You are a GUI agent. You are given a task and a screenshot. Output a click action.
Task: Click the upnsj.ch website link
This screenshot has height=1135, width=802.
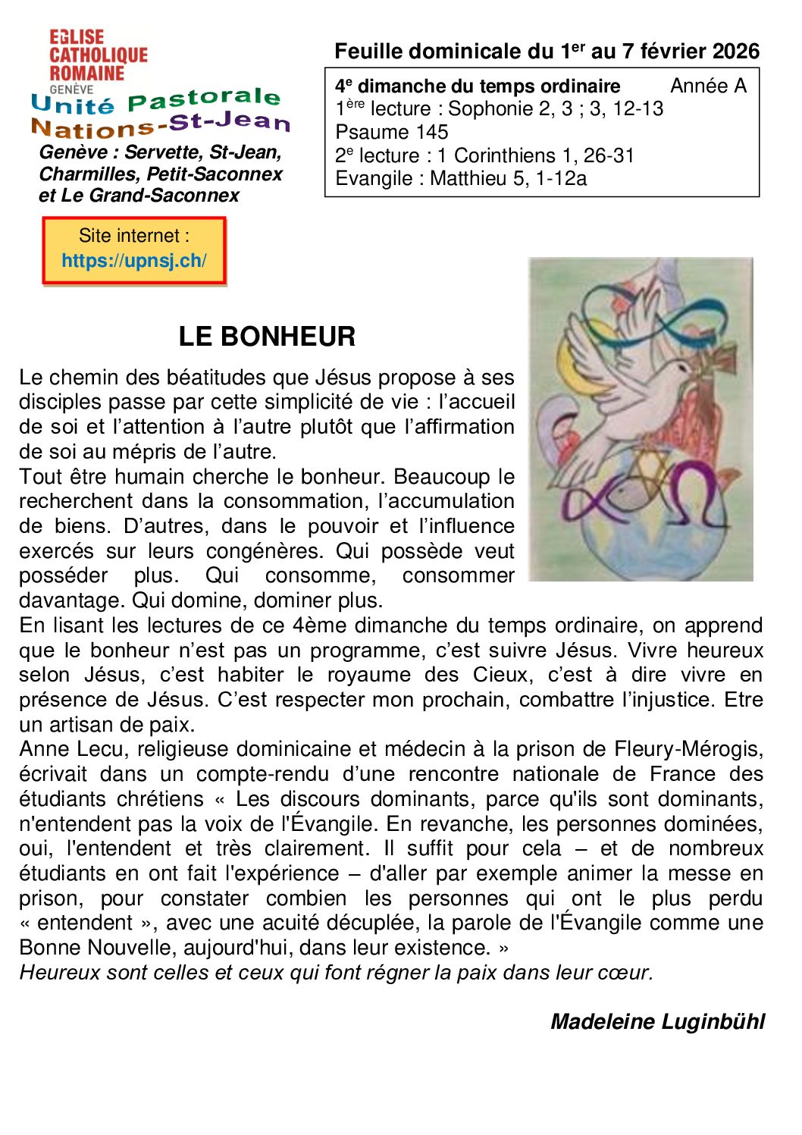click(x=134, y=261)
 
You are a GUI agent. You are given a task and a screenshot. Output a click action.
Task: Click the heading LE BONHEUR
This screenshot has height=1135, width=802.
click(x=267, y=337)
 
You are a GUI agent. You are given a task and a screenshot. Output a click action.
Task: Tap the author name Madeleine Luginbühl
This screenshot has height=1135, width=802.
click(x=657, y=1021)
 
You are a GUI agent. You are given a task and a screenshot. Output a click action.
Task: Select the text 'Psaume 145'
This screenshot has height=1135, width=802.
click(x=391, y=132)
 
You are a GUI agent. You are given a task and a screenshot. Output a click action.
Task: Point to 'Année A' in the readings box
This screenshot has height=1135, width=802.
click(x=708, y=86)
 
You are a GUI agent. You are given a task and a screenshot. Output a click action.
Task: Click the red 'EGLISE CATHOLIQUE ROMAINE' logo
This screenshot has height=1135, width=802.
click(x=98, y=55)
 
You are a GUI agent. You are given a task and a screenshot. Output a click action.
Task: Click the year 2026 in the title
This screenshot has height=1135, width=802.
click(x=735, y=51)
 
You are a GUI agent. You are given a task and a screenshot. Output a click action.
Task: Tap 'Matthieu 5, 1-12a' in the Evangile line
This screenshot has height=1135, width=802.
click(x=508, y=178)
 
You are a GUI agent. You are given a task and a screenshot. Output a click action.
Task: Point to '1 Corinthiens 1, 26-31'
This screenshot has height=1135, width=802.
click(x=535, y=155)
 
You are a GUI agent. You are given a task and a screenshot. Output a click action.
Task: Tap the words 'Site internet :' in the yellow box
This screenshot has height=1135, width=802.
click(x=134, y=236)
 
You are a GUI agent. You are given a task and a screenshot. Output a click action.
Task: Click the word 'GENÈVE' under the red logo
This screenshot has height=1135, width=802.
click(x=72, y=89)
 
